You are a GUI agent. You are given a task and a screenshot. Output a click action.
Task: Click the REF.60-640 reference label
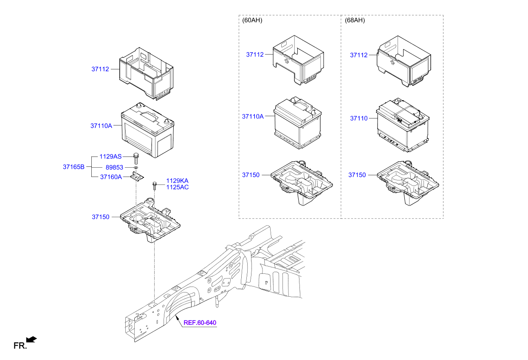tap(200, 323)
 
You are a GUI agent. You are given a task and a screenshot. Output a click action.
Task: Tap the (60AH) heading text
tap(252, 20)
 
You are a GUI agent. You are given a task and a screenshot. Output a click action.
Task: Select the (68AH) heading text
tap(355, 20)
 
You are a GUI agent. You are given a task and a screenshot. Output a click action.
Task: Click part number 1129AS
tap(110, 157)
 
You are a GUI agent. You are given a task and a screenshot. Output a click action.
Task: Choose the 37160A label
tap(111, 177)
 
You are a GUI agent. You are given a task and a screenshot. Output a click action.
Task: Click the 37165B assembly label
tap(74, 167)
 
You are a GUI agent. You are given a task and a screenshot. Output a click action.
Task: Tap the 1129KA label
tap(177, 180)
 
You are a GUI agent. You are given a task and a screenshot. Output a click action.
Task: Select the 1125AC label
tap(177, 187)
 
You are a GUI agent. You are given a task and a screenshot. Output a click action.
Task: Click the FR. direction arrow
tap(31, 339)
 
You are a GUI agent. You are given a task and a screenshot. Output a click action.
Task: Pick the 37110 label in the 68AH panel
tap(359, 118)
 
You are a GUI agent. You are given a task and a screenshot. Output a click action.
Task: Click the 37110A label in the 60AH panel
tap(253, 116)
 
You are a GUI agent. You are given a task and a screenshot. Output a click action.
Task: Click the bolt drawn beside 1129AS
tap(136, 157)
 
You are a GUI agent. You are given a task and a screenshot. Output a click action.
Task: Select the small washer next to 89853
tap(135, 168)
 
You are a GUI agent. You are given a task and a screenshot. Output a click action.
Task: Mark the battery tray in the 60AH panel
tap(302, 182)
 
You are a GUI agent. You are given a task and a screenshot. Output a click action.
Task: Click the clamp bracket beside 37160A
tap(137, 177)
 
